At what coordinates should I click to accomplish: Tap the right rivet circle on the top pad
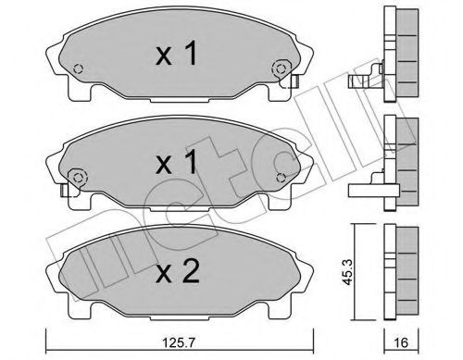tap(279, 68)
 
